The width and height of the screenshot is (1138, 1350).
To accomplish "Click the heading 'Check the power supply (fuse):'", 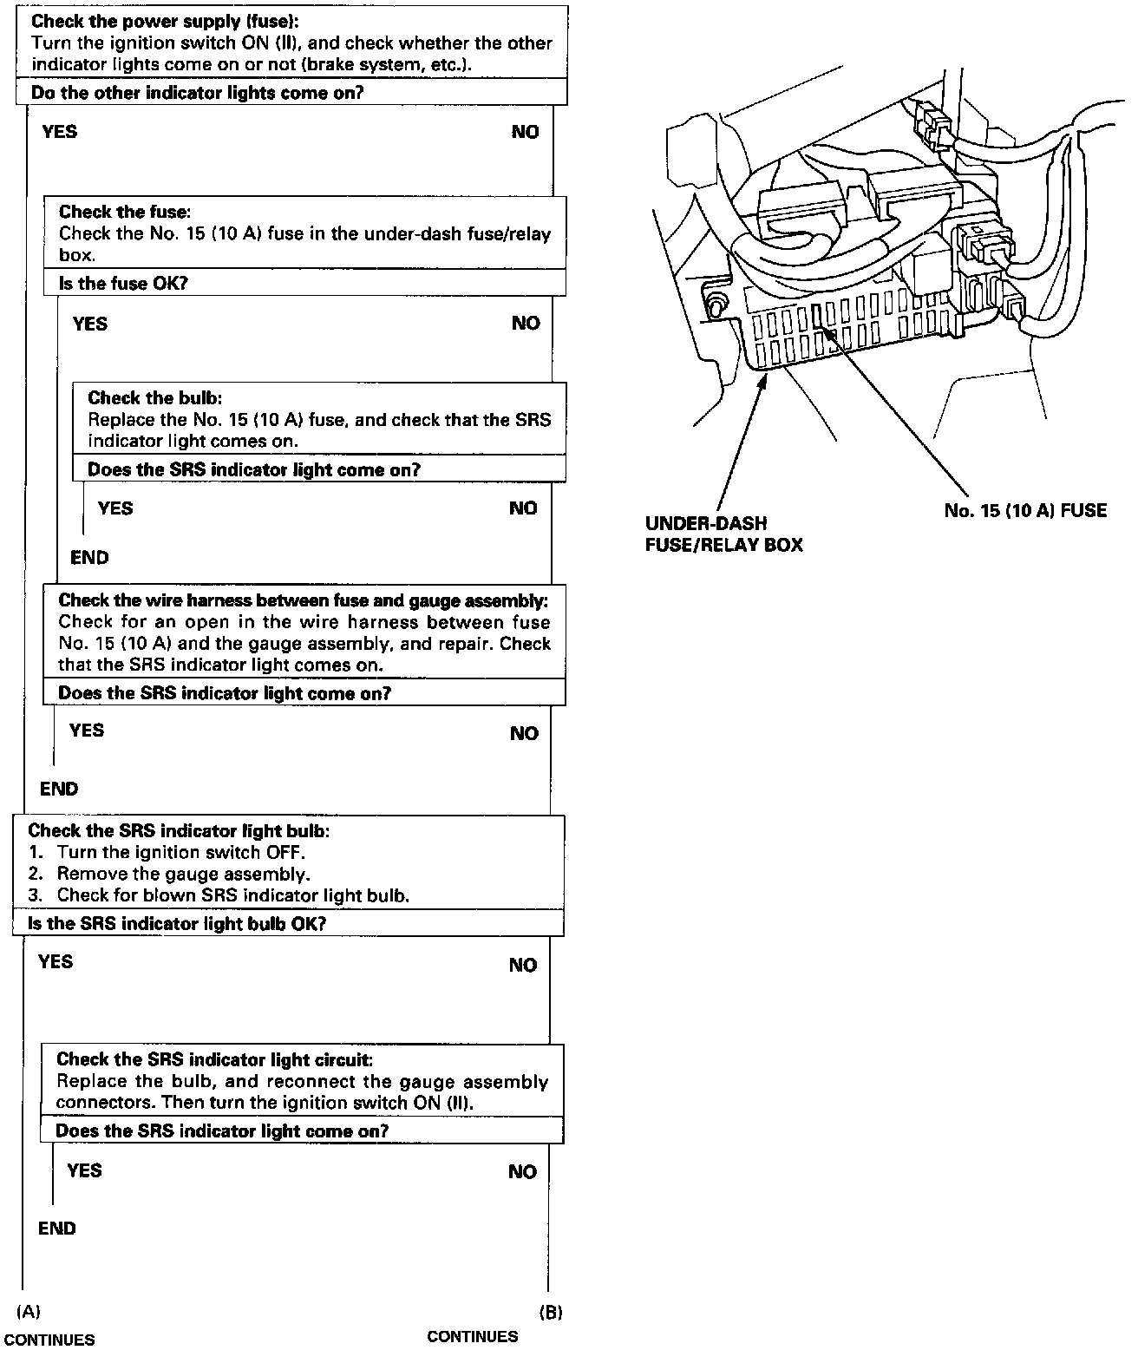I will point(165,23).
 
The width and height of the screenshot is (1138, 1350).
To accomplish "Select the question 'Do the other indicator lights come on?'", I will point(197,93).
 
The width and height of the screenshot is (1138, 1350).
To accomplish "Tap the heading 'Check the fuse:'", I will point(125,212).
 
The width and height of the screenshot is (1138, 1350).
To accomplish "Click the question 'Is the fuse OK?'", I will point(123,284).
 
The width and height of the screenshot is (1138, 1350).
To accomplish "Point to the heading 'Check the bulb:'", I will point(155,398).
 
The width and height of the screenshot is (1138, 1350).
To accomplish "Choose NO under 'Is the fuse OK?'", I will point(526,324).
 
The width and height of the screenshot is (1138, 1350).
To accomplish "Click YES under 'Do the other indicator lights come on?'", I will point(59,132).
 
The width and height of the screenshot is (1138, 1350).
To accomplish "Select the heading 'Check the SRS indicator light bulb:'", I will point(179,830).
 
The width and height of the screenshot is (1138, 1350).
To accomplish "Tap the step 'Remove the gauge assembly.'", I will point(183,874).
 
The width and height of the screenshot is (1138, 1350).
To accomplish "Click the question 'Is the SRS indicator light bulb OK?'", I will point(177,924).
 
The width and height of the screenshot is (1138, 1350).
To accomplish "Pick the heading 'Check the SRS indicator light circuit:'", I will point(214,1059).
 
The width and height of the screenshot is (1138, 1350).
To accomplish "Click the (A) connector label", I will point(29,1310).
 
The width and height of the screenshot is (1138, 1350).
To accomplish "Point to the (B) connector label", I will point(551,1312).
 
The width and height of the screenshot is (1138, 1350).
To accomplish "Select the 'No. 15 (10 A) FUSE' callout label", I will point(1025,510).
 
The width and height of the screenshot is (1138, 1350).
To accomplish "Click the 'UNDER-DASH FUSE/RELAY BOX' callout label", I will point(723,534).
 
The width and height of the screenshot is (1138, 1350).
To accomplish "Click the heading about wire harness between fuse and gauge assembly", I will point(303,600).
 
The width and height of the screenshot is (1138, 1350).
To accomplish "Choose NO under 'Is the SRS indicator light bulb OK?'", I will point(523,966).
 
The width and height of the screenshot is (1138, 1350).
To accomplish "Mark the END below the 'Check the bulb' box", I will point(89,558).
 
